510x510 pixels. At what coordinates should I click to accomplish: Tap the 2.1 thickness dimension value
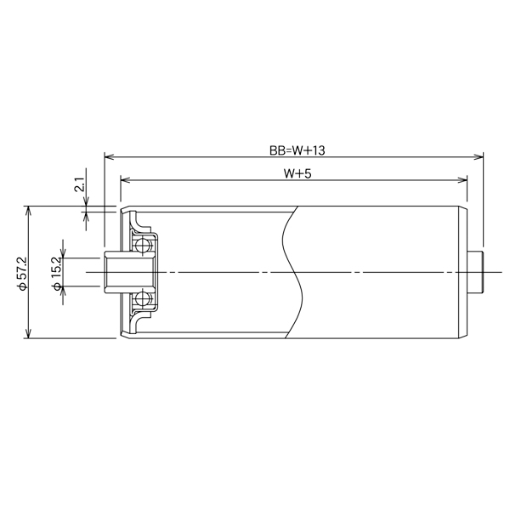(78, 184)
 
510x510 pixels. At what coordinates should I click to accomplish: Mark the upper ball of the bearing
(142, 246)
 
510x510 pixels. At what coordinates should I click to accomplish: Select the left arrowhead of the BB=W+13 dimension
(108, 156)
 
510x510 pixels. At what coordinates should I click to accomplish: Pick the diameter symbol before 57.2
(22, 288)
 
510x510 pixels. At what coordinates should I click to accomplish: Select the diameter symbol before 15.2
(56, 287)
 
